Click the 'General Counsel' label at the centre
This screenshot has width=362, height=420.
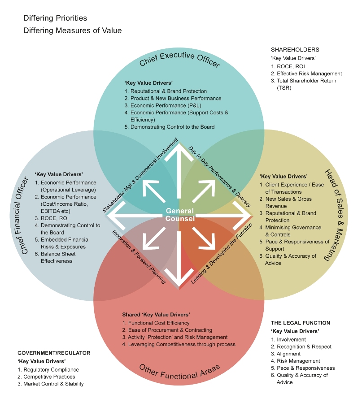point(180,215)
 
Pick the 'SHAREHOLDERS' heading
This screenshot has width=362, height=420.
point(295,50)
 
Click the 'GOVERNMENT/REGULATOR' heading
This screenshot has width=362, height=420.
point(54,353)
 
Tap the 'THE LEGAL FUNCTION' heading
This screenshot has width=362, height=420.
point(300,323)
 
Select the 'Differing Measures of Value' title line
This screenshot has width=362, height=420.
point(73,31)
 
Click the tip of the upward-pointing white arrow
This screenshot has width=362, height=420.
point(179,143)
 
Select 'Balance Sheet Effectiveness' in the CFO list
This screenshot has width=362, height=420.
point(58,257)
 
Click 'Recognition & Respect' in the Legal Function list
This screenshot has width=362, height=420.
point(304,346)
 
